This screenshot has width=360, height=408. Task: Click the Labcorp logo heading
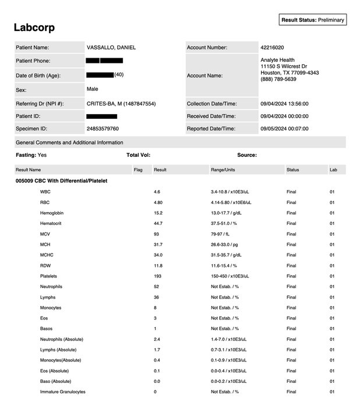pyautogui.click(x=34, y=27)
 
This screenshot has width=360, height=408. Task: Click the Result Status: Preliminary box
pyautogui.click(x=313, y=20)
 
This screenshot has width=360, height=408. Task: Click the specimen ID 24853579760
pyautogui.click(x=103, y=129)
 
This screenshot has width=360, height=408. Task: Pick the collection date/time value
pyautogui.click(x=284, y=104)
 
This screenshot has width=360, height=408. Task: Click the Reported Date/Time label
pyautogui.click(x=211, y=129)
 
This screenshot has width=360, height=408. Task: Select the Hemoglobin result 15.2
pyautogui.click(x=158, y=213)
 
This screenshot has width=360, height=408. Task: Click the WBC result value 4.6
pyautogui.click(x=157, y=192)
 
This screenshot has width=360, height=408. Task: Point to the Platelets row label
pyautogui.click(x=50, y=276)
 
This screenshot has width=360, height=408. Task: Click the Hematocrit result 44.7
pyautogui.click(x=158, y=223)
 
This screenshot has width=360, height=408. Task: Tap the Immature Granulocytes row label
pyautogui.click(x=63, y=392)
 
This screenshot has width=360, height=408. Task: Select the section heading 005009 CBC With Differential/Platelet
pyautogui.click(x=62, y=181)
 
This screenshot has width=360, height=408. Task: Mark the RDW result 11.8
pyautogui.click(x=158, y=266)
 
